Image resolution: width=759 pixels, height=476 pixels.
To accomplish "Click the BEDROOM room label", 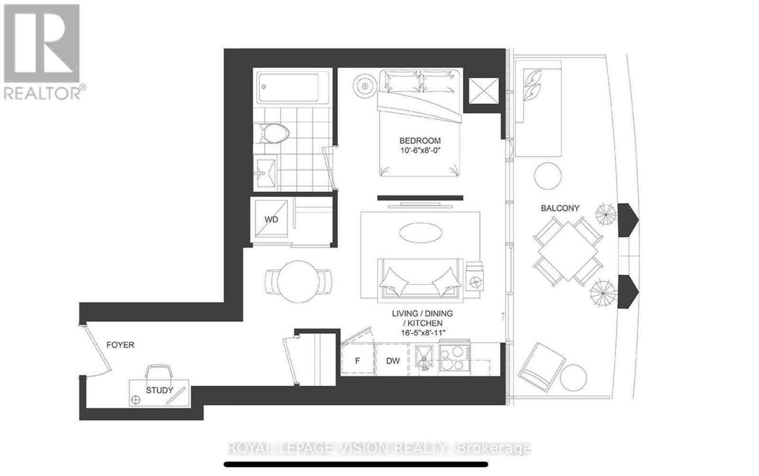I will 419,140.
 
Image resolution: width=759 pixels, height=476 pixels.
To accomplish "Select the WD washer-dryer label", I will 271,220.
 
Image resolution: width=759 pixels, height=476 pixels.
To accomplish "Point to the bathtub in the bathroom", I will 288,88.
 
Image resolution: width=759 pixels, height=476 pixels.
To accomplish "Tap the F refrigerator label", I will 357,361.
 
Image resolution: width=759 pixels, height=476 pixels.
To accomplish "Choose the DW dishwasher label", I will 393,361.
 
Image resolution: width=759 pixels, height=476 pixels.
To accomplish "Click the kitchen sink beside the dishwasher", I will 423,356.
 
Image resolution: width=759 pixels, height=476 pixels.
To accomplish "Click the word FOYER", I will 120,345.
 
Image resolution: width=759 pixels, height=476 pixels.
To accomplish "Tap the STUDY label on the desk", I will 159,391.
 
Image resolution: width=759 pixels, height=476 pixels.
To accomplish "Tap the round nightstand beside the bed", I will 364,85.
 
